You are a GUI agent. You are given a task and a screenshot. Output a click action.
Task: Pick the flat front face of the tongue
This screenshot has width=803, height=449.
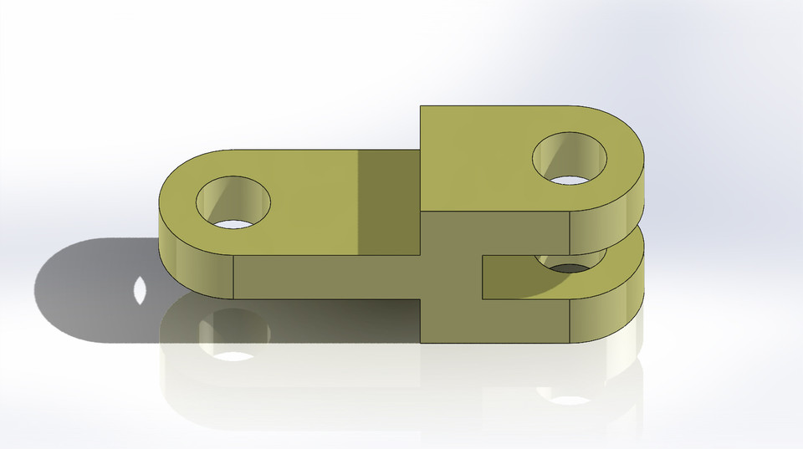pyautogui.click(x=326, y=277)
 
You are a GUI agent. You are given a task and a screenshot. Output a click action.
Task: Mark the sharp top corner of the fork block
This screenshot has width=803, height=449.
pyautogui.click(x=420, y=106)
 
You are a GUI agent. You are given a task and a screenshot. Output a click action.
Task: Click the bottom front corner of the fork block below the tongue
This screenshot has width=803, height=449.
pyautogui.click(x=421, y=342)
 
